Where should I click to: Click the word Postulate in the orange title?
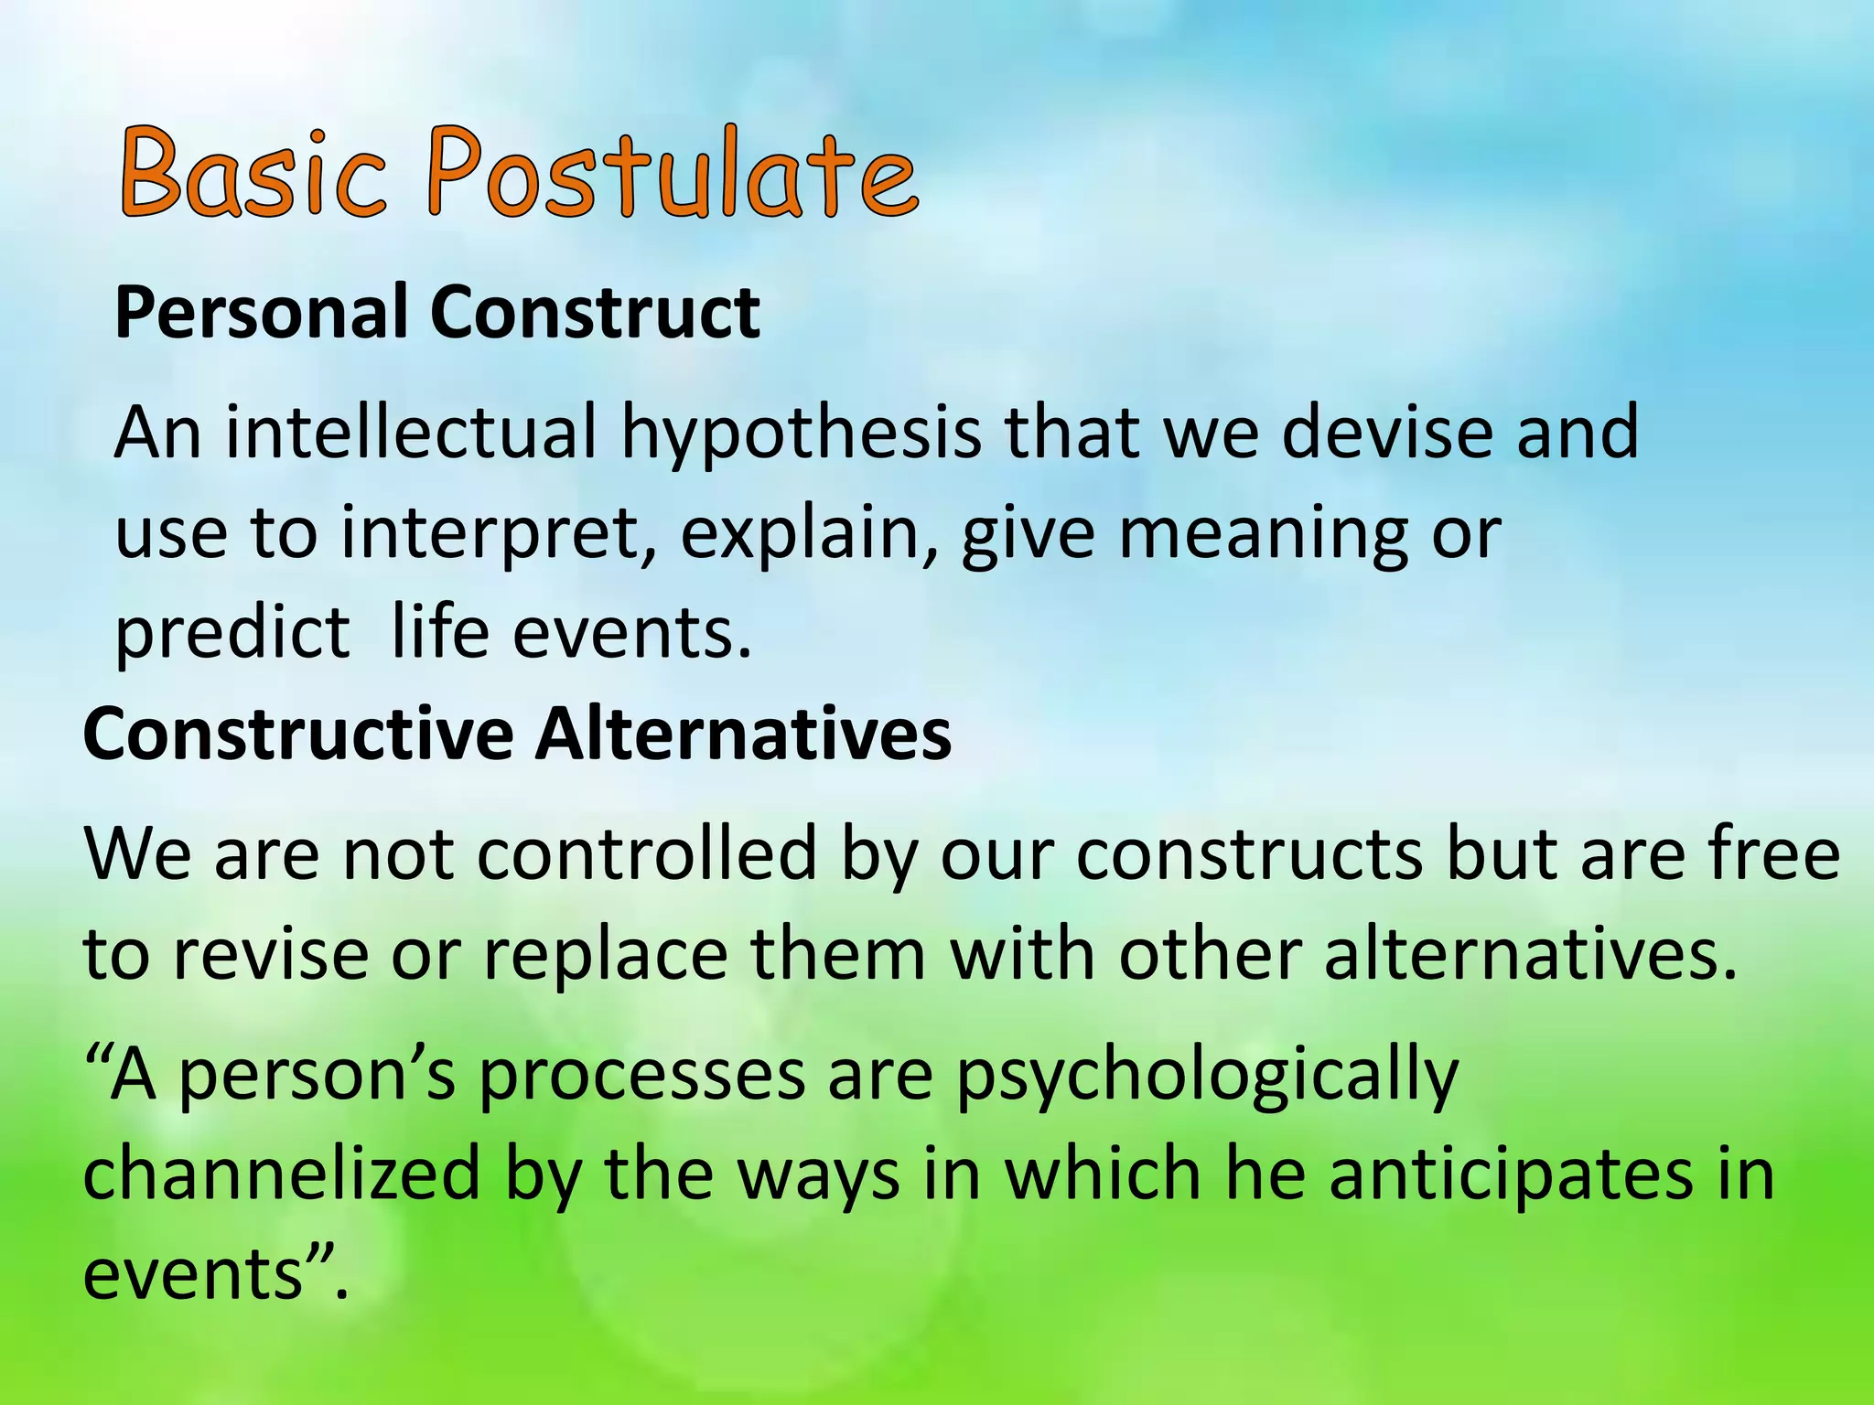(673, 174)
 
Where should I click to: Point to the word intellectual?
(411, 432)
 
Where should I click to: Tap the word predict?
(232, 635)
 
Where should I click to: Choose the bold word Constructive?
(298, 735)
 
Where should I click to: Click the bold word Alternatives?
(743, 735)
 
